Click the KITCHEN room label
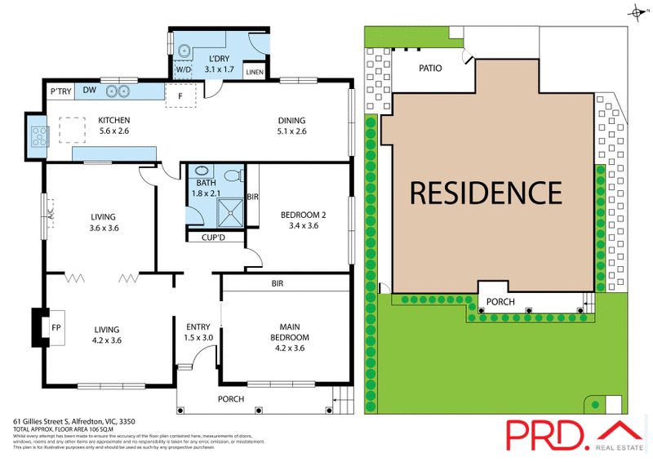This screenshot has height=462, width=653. (x=114, y=121)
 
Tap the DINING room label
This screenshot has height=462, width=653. (x=291, y=121)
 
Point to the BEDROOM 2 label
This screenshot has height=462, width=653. (x=304, y=215)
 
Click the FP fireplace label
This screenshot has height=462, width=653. (x=56, y=327)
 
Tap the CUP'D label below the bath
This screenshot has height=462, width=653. (x=213, y=238)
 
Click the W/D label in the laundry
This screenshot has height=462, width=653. (x=184, y=69)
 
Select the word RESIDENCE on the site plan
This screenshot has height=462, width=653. (x=486, y=193)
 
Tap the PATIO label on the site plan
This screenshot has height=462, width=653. (x=430, y=69)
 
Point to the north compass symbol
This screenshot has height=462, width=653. (x=637, y=11)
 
